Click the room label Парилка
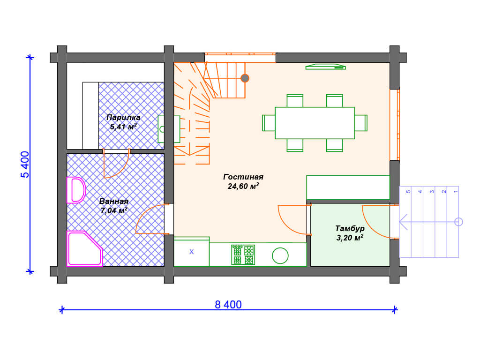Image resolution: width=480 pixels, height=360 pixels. (123, 118)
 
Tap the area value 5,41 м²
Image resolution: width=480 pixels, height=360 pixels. (123, 127)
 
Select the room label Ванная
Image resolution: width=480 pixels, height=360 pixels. (114, 202)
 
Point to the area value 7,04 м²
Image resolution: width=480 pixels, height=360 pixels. (114, 210)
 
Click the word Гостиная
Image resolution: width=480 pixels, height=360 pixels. (243, 177)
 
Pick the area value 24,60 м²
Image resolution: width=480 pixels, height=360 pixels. (243, 186)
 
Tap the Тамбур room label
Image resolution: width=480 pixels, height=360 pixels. (350, 229)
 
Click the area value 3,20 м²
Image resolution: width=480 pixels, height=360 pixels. (350, 238)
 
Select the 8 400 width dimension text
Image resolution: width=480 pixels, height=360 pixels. (228, 305)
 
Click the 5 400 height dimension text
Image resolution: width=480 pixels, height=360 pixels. (25, 165)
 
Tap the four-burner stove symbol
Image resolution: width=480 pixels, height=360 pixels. (243, 255)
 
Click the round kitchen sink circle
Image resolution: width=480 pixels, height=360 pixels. (280, 255)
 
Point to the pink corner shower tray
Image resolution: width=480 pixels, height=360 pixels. (84, 248)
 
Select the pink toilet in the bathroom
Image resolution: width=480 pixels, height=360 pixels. (76, 190)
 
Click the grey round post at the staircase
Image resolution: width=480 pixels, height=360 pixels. (245, 78)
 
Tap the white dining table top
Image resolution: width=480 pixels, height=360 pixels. (315, 123)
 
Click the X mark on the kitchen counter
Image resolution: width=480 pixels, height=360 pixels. (192, 252)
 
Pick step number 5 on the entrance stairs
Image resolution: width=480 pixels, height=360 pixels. (408, 192)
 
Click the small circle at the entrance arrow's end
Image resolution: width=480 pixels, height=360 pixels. (458, 222)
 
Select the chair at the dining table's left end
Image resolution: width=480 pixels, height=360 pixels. (269, 123)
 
